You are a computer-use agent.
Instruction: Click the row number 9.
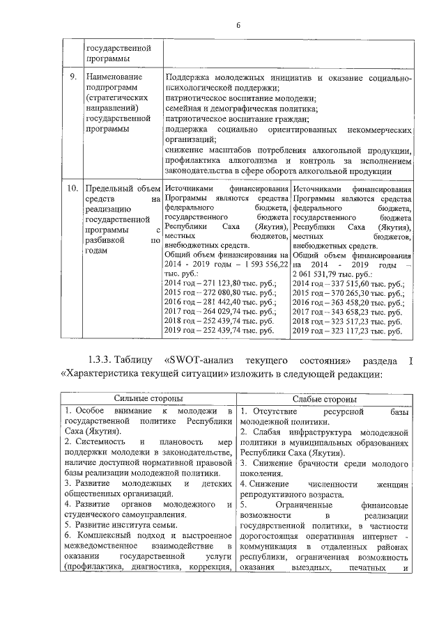(72, 77)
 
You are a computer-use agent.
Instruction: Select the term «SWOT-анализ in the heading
(193, 362)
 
